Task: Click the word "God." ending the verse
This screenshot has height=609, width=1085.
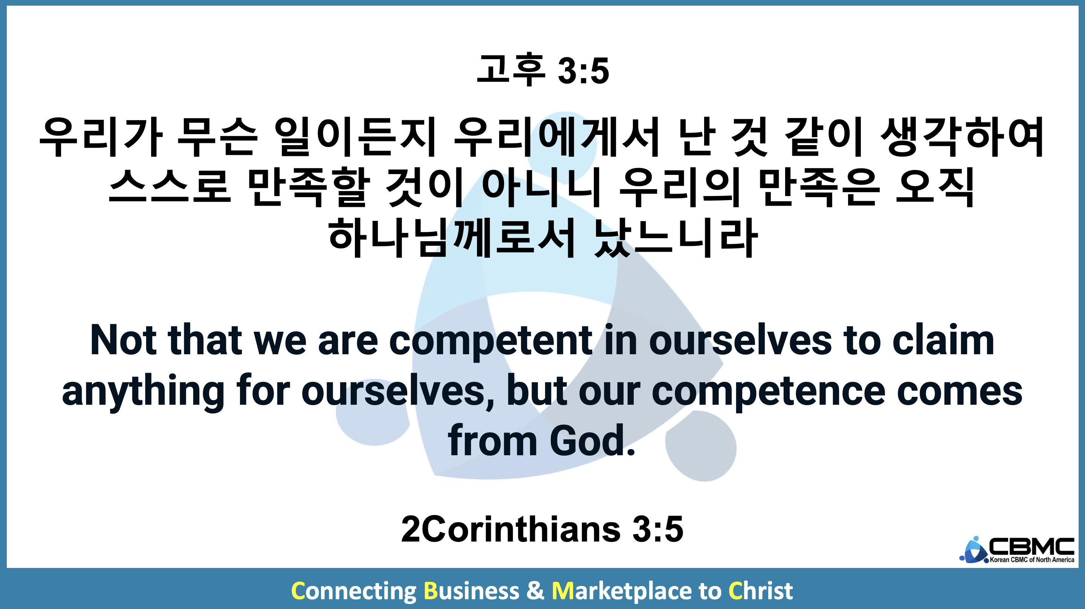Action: [x=592, y=441]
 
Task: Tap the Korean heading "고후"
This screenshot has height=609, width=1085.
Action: [x=511, y=70]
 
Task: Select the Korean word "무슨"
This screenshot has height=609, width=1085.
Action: [x=217, y=137]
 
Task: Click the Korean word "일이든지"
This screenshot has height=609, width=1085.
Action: [x=355, y=137]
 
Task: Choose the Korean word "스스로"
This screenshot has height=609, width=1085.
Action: [x=170, y=187]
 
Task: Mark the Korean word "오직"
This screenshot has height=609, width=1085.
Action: [x=934, y=187]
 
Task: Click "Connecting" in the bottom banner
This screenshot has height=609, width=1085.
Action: [x=354, y=591]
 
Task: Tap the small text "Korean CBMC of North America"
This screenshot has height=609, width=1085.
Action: [x=1032, y=560]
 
